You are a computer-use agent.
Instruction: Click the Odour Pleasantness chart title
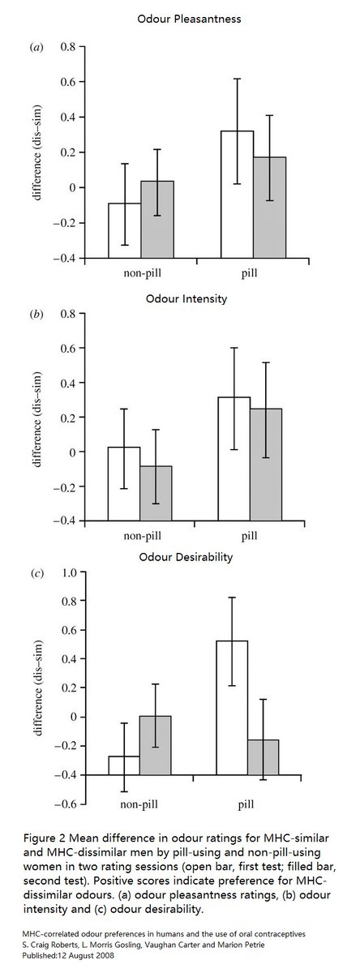point(189,19)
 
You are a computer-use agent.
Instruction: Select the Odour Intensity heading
point(186,299)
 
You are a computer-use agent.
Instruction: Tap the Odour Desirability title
point(186,557)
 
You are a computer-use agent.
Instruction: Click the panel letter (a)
point(36,47)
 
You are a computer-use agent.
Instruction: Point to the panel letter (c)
point(36,573)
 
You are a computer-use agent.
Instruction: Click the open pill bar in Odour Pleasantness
point(237,194)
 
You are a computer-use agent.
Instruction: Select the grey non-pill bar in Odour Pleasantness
point(157,220)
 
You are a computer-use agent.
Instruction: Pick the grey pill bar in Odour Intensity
point(266,465)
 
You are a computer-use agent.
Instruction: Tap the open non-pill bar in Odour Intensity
point(124,483)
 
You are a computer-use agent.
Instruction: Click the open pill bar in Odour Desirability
point(232,708)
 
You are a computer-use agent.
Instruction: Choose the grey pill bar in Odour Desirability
point(264,757)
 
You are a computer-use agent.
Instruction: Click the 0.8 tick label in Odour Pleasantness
point(68,46)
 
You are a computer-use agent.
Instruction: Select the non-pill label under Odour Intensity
point(142,536)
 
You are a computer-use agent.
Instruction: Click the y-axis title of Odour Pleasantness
point(38,152)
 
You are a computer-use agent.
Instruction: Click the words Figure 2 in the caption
point(45,838)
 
